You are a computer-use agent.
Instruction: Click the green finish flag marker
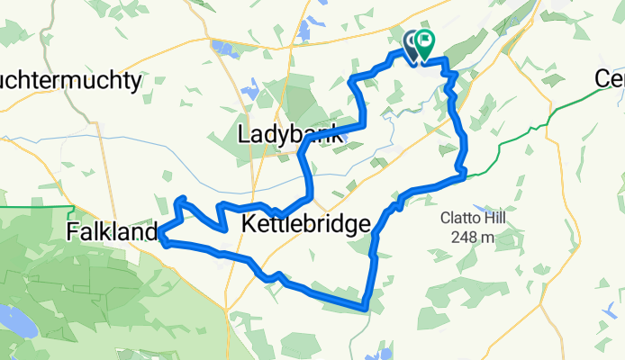(423, 42)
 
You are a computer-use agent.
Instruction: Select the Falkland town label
(113, 233)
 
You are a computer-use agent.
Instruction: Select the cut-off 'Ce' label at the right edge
(610, 79)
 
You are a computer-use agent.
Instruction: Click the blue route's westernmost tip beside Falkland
(161, 238)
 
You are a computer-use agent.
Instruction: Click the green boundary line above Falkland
(36, 208)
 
